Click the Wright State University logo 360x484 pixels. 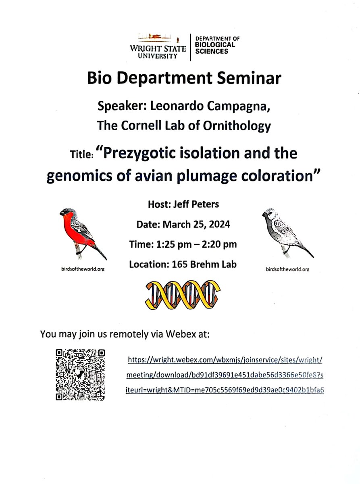158,46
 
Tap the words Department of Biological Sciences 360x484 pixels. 217,45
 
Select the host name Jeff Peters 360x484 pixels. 198,204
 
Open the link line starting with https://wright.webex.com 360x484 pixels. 225,359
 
